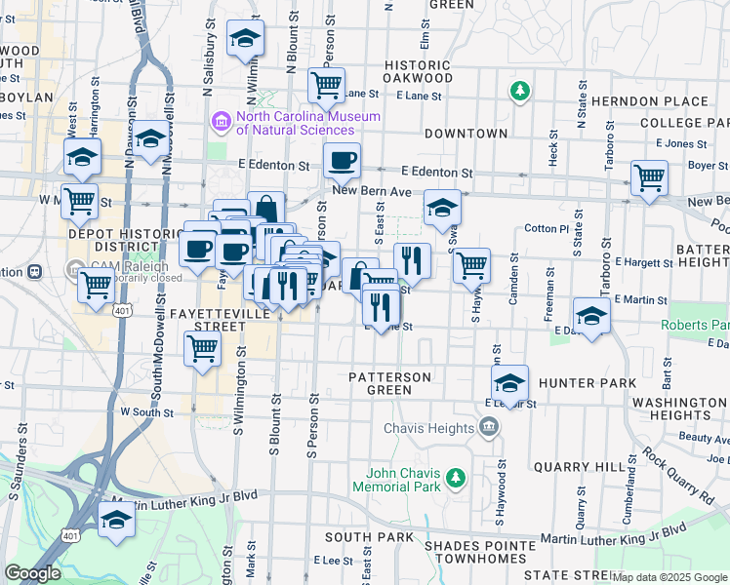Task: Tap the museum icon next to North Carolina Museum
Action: [x=221, y=122]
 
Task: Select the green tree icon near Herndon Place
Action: [x=520, y=92]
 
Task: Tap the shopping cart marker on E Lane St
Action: [x=326, y=84]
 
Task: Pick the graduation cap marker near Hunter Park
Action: [x=509, y=382]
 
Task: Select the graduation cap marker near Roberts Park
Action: [x=591, y=315]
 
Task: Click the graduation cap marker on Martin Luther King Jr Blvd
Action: [x=117, y=519]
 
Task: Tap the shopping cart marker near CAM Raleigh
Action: [x=96, y=286]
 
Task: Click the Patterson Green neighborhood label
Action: [x=389, y=383]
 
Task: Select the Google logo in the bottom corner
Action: [x=32, y=573]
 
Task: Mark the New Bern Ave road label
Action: [x=372, y=191]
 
